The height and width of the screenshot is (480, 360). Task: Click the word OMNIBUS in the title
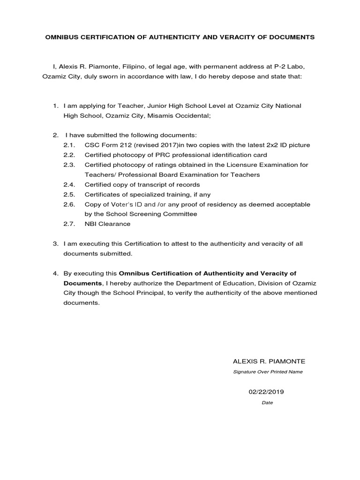61,37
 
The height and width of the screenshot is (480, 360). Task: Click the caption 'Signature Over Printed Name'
268,372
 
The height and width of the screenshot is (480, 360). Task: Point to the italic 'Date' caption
267,403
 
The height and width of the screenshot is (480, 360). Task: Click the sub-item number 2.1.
69,145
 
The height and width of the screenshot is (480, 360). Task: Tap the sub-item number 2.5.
69,195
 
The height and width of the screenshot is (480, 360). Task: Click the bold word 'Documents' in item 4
82,283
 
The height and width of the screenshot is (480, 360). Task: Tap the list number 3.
55,244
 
